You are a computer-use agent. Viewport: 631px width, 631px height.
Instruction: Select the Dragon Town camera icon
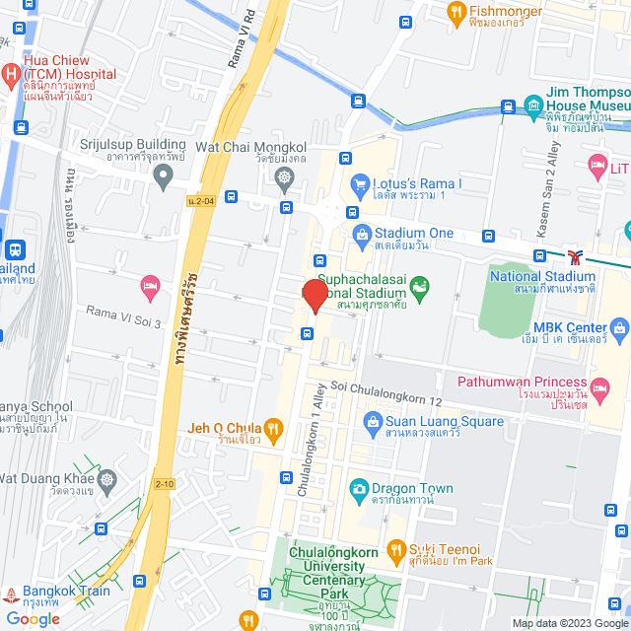pyautogui.click(x=359, y=488)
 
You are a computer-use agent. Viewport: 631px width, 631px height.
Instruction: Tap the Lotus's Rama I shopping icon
pyautogui.click(x=360, y=184)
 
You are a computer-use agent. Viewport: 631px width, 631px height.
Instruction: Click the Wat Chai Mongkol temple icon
pyautogui.click(x=285, y=177)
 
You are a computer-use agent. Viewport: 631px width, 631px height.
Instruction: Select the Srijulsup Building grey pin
pyautogui.click(x=164, y=176)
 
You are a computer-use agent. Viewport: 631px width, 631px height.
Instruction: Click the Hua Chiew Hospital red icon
pyautogui.click(x=9, y=73)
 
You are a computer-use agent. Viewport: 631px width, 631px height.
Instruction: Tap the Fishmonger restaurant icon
pyautogui.click(x=456, y=12)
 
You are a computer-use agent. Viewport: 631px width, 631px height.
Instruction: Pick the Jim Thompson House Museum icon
pyautogui.click(x=533, y=104)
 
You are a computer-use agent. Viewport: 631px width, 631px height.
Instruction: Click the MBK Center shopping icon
pyautogui.click(x=619, y=327)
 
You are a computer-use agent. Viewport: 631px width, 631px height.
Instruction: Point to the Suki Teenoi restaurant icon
pyautogui.click(x=396, y=549)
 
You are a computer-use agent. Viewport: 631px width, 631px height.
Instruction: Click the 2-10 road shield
pyautogui.click(x=164, y=484)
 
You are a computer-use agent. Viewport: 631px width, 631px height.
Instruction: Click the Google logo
pyautogui.click(x=33, y=618)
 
